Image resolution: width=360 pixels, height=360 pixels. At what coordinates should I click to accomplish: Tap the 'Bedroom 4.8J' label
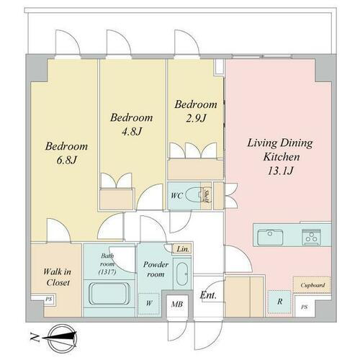coord(131,125)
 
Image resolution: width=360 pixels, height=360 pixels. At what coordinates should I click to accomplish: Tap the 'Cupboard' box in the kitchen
coord(312,285)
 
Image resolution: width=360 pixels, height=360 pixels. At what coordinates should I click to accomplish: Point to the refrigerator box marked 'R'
coord(279,302)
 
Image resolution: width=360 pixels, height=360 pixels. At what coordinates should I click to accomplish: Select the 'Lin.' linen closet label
coord(182,249)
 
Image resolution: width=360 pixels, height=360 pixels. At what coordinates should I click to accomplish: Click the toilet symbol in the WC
coord(193,194)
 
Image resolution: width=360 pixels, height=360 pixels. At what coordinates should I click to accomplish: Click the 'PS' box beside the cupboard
coord(305,307)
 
